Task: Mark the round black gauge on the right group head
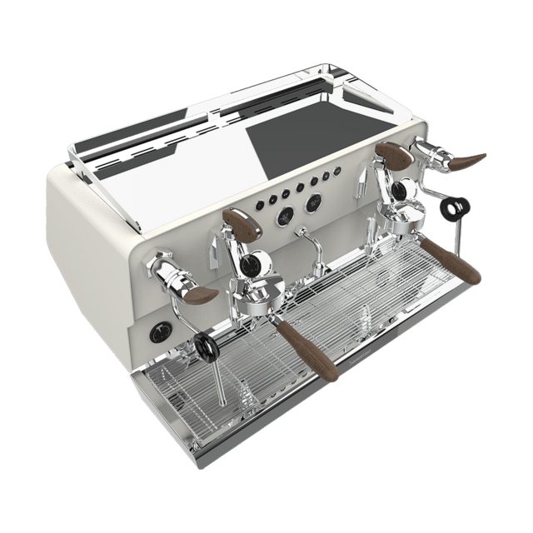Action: tap(400, 191)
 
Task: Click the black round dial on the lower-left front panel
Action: tap(157, 333)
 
